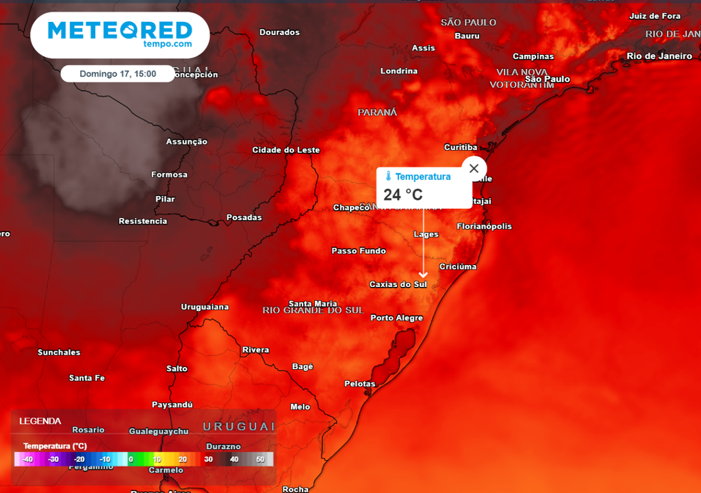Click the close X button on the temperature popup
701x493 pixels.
474,168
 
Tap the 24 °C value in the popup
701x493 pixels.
403,194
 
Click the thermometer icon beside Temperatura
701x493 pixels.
388,177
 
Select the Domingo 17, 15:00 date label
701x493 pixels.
118,73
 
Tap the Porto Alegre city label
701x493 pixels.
396,318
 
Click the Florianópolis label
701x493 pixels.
484,227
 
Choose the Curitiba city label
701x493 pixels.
461,147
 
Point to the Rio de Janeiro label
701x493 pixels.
659,56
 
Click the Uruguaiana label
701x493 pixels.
205,307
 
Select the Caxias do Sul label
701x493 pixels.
398,284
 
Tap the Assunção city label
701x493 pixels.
186,142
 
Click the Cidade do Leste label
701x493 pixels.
286,150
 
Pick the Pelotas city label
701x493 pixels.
359,384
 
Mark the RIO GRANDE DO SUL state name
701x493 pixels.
313,310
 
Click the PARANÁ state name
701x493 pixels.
377,112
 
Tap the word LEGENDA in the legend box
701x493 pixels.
40,421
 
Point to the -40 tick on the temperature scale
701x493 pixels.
28,459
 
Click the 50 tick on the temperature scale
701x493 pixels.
260,459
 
